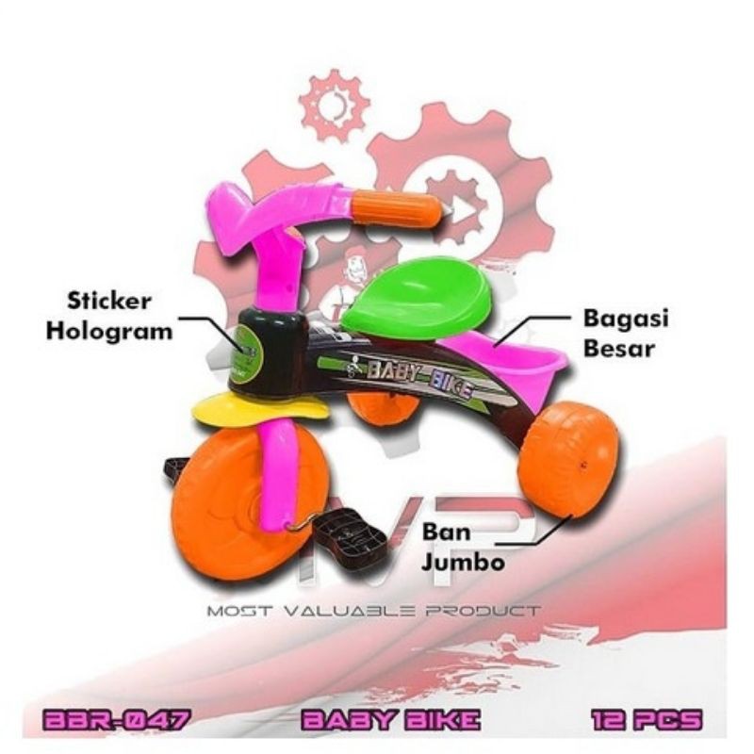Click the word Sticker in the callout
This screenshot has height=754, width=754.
click(x=109, y=302)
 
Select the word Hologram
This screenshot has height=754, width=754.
click(x=109, y=333)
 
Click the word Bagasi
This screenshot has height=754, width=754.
click(x=626, y=319)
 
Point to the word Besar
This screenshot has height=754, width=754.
click(x=619, y=349)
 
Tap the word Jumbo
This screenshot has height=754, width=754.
click(x=463, y=561)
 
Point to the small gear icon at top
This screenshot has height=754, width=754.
click(x=335, y=106)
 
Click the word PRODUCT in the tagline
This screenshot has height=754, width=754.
click(x=483, y=612)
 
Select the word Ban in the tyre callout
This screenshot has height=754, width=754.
click(x=446, y=532)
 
